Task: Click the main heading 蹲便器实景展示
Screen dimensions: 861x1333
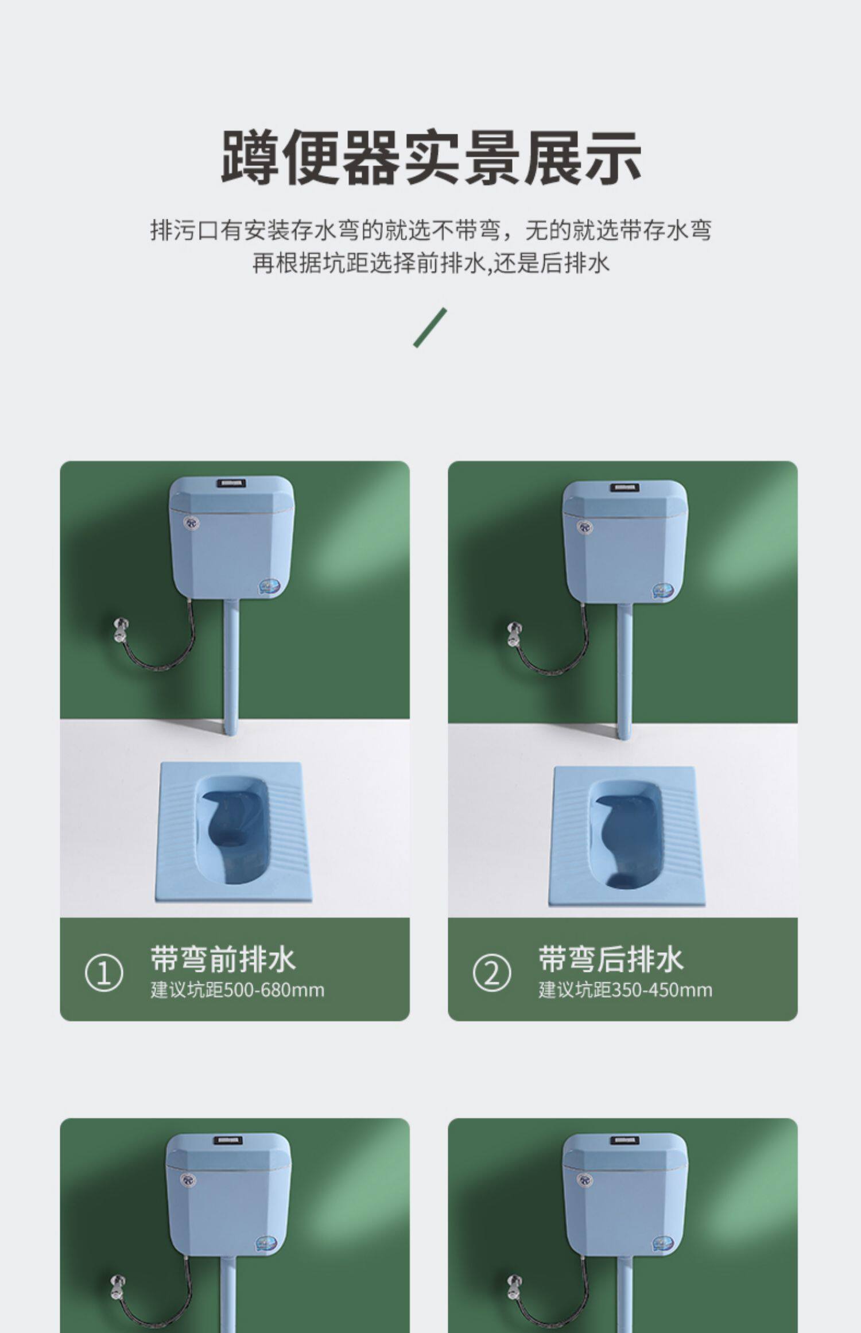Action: [x=431, y=157]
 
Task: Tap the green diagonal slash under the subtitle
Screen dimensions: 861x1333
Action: [x=430, y=328]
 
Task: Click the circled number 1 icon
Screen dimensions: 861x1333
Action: [x=104, y=973]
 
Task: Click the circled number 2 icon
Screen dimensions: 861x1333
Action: [x=491, y=973]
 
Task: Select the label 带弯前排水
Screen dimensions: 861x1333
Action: [x=223, y=959]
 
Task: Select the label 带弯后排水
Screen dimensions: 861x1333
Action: [x=611, y=959]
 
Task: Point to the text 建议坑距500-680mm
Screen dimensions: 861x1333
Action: [x=237, y=990]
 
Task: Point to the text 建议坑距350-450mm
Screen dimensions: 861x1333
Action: [x=625, y=990]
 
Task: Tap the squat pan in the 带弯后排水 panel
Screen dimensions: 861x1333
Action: [x=626, y=836]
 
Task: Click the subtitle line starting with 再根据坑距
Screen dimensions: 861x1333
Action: [x=430, y=263]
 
